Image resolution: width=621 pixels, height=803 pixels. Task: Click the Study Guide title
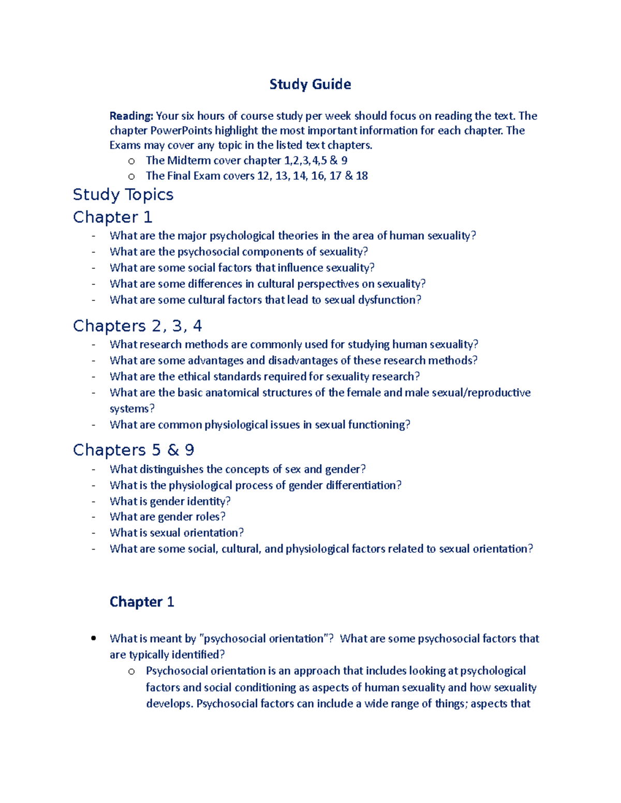click(x=310, y=84)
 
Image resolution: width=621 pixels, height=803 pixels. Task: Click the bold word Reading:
click(x=131, y=116)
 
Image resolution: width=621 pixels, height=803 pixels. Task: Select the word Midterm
click(x=189, y=160)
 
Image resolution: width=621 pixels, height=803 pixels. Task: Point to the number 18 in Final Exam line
click(x=362, y=176)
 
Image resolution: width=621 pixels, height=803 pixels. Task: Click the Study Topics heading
click(x=123, y=194)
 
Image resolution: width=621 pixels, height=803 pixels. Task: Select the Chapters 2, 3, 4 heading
click(x=137, y=326)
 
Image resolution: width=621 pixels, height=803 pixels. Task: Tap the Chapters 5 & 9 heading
click(x=134, y=450)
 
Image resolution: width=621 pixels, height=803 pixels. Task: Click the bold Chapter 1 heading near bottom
click(x=142, y=602)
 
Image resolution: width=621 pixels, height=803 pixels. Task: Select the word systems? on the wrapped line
click(x=132, y=408)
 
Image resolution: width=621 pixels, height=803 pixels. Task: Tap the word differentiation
click(x=363, y=485)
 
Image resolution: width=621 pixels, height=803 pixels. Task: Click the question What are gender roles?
click(x=168, y=517)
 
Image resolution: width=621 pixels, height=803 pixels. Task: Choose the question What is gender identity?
click(x=170, y=501)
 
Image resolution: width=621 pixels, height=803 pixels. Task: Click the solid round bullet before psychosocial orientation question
click(x=94, y=639)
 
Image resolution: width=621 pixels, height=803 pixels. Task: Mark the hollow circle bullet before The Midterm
click(x=131, y=161)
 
